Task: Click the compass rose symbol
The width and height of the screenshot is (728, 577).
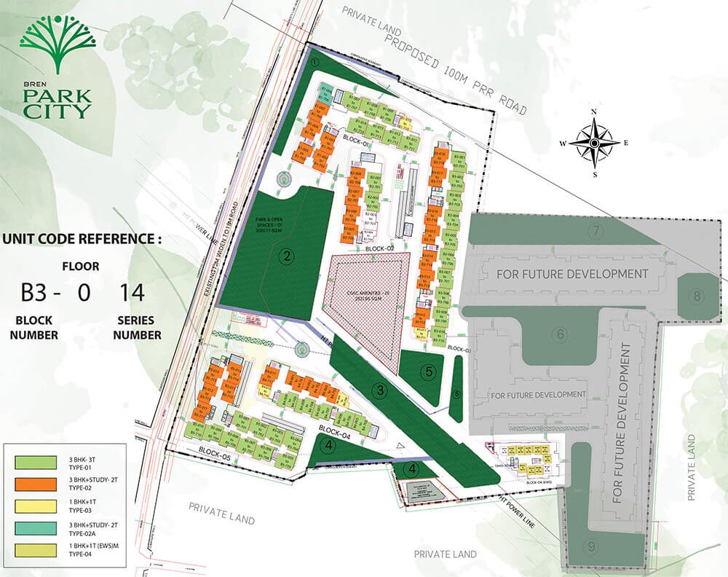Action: point(594,143)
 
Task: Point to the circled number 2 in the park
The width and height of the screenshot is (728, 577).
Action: point(288,256)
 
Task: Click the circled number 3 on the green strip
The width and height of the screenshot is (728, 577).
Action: point(380,392)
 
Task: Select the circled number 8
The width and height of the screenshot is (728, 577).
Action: point(696,296)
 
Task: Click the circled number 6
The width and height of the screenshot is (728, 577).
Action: point(559,334)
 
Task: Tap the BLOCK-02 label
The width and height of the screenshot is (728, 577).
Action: point(381,248)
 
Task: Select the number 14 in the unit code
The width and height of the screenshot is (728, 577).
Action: point(132,293)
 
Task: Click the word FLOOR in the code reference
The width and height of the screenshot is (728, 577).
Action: point(81,267)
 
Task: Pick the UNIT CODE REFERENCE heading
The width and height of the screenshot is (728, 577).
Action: point(82,238)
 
